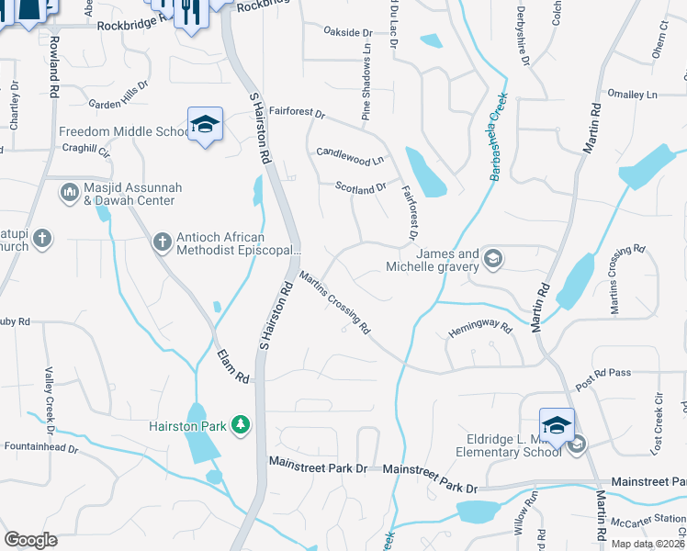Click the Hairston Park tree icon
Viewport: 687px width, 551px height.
241,424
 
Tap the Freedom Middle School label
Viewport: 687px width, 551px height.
123,132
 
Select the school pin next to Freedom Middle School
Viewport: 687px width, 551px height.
206,125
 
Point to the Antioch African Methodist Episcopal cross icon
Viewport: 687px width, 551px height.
162,242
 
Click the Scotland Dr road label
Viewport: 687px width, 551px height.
360,188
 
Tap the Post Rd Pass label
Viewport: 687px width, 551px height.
603,372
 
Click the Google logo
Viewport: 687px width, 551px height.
31,540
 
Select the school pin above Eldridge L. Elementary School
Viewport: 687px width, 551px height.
557,425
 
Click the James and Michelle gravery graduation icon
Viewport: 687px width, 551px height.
492,257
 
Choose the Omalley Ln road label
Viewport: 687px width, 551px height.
633,95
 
